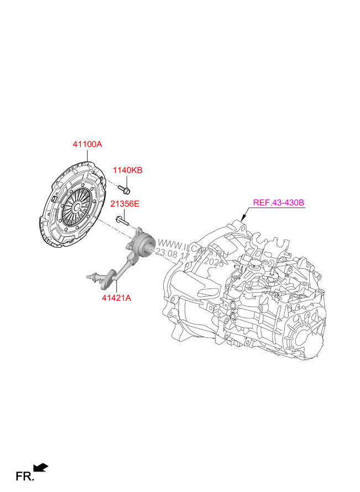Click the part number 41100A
[87, 144]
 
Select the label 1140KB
[128, 170]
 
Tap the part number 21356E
[124, 204]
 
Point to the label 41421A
[116, 298]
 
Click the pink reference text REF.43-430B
[279, 203]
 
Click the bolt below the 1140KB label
[126, 191]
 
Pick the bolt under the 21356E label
[122, 221]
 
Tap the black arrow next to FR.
[41, 468]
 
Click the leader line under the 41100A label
[87, 154]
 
